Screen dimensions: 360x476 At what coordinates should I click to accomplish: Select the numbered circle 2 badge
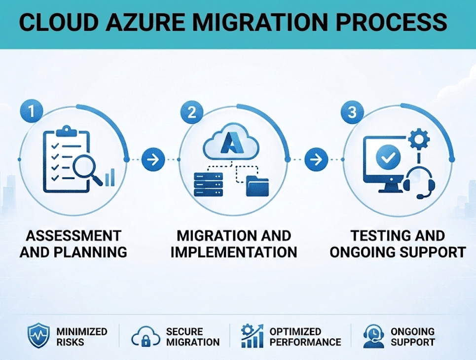coord(192,112)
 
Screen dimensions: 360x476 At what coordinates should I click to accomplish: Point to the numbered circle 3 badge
coord(352,112)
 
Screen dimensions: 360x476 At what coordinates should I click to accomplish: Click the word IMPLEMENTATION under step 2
coord(233,252)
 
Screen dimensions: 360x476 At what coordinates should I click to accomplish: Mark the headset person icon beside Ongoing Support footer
coord(373,336)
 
